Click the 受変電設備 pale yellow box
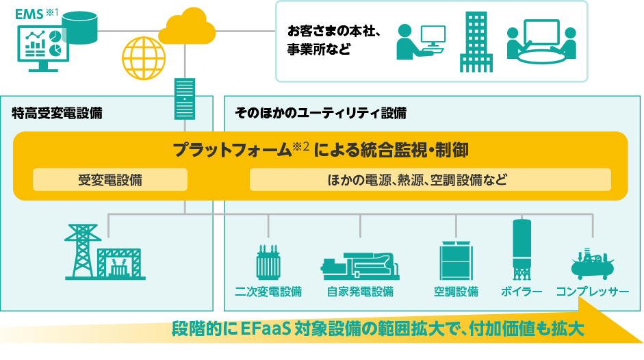(x=110, y=180)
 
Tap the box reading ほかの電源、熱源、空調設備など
(x=430, y=180)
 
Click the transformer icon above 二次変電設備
(x=268, y=261)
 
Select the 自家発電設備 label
(x=360, y=292)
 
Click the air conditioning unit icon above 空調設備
(x=456, y=260)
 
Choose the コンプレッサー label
(x=593, y=292)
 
